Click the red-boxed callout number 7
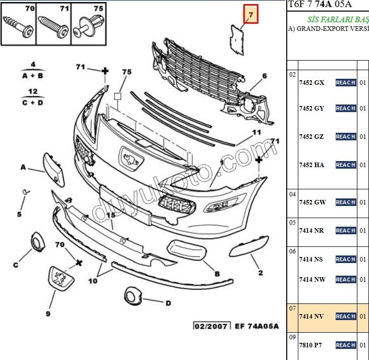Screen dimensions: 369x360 [x=251, y=14]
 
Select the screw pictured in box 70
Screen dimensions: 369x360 [x=18, y=27]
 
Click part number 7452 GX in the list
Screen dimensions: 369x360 [x=311, y=83]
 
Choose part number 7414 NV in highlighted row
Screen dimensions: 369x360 [x=311, y=316]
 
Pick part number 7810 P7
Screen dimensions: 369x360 [x=310, y=345]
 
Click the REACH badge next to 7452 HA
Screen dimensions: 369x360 [x=346, y=165]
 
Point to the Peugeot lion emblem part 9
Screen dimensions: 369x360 [x=61, y=279]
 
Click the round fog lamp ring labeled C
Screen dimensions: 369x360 [x=38, y=241]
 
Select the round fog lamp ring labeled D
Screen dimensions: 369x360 [x=133, y=296]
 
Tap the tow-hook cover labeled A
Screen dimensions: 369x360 [x=54, y=169]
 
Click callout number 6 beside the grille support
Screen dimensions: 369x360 [x=265, y=76]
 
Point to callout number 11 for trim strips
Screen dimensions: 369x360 [x=256, y=132]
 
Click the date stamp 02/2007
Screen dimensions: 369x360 [x=212, y=326]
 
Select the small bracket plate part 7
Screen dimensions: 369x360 [x=237, y=40]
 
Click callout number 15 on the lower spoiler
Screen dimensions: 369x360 [x=111, y=215]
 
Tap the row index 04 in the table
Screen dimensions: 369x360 [x=292, y=194]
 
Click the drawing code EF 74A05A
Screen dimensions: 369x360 [x=257, y=326]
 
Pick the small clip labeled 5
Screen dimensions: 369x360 [x=25, y=192]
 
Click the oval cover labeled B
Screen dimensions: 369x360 [x=187, y=250]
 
